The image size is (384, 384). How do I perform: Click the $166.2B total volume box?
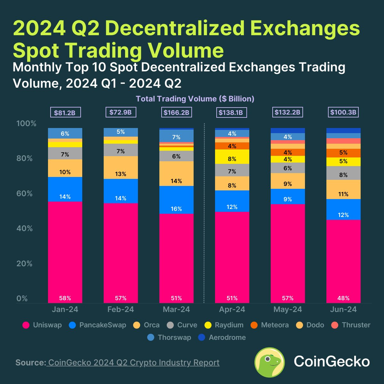pos(176,113)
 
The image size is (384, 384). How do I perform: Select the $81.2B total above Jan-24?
pos(65,113)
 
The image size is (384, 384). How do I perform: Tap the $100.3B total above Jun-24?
pos(343,113)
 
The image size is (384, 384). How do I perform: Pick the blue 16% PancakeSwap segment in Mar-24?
pos(176,200)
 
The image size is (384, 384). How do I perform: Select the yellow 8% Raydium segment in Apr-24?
pos(232,157)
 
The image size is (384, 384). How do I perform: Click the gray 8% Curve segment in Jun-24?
pos(343,173)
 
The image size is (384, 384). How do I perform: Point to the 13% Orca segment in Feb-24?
pos(121,167)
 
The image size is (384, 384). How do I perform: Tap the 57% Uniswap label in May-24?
pos(288,298)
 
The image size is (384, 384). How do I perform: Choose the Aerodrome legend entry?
pos(222,338)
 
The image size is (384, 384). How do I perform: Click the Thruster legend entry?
pos(351,325)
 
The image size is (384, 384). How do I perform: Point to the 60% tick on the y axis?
pos(24,194)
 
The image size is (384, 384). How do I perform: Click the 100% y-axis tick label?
pos(26,124)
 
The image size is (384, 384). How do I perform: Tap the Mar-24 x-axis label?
pos(176,309)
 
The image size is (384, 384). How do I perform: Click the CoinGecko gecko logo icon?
pos(269,362)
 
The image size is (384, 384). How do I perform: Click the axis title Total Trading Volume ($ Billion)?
pos(195,99)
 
